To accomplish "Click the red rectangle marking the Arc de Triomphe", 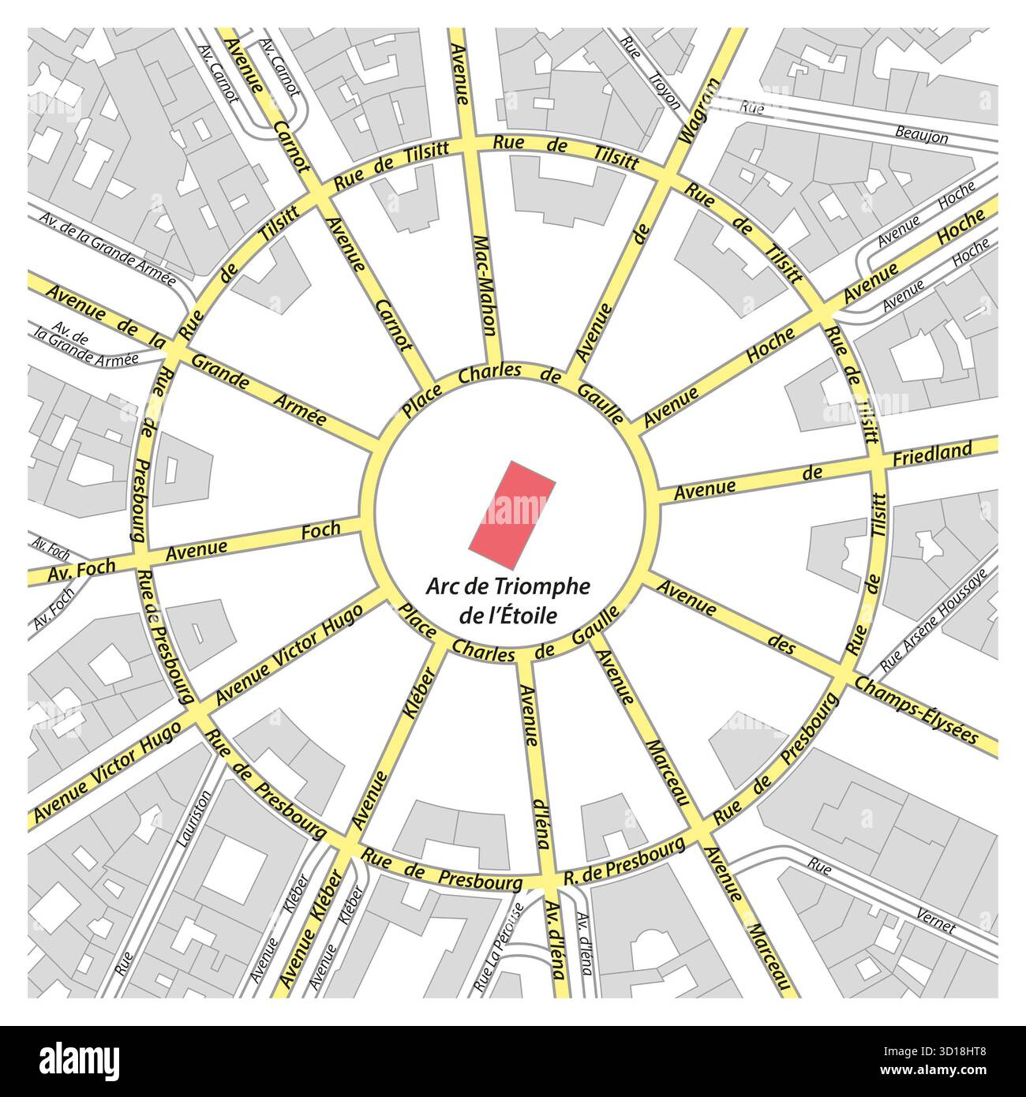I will pos(512,514).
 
